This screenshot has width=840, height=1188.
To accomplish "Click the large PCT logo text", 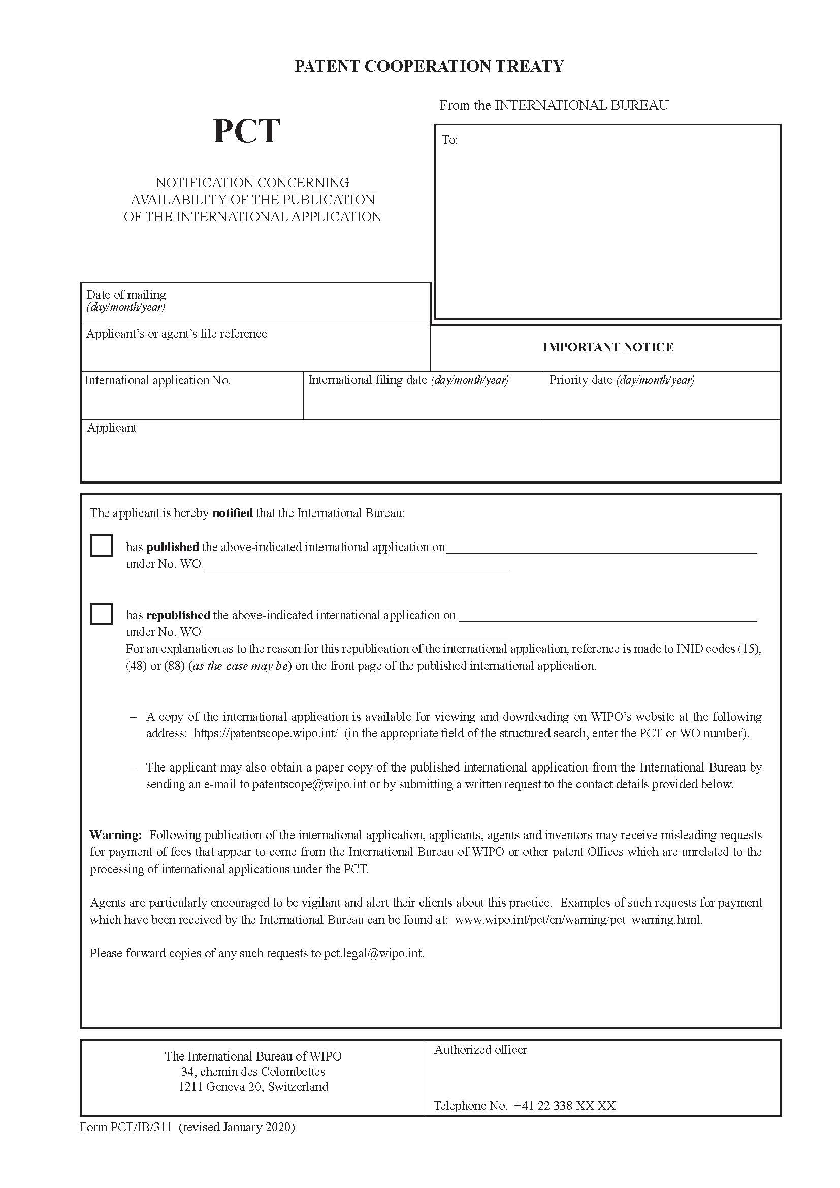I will point(246,131).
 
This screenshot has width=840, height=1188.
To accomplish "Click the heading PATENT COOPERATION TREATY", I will point(429,66).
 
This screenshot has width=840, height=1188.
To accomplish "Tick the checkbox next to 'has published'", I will point(102,545).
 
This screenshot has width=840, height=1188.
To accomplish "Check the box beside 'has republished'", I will point(102,614).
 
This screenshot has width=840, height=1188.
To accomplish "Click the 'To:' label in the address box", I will point(449,140).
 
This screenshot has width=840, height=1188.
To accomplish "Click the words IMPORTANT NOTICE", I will point(608,347).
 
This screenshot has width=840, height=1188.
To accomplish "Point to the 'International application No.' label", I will point(157,381).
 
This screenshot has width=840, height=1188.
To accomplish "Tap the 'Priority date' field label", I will point(580,380).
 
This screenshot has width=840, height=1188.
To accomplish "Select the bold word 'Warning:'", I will point(115,834).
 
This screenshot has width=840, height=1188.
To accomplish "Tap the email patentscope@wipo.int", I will point(309,784).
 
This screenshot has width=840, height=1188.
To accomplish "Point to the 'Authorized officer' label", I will point(480,1050).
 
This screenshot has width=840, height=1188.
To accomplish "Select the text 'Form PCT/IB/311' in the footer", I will point(125,1128).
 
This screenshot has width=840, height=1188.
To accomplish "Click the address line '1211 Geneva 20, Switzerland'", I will point(253,1086).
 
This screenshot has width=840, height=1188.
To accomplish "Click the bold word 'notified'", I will point(232,513).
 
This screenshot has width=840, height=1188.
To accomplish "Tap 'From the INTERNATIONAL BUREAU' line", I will point(554,106).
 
